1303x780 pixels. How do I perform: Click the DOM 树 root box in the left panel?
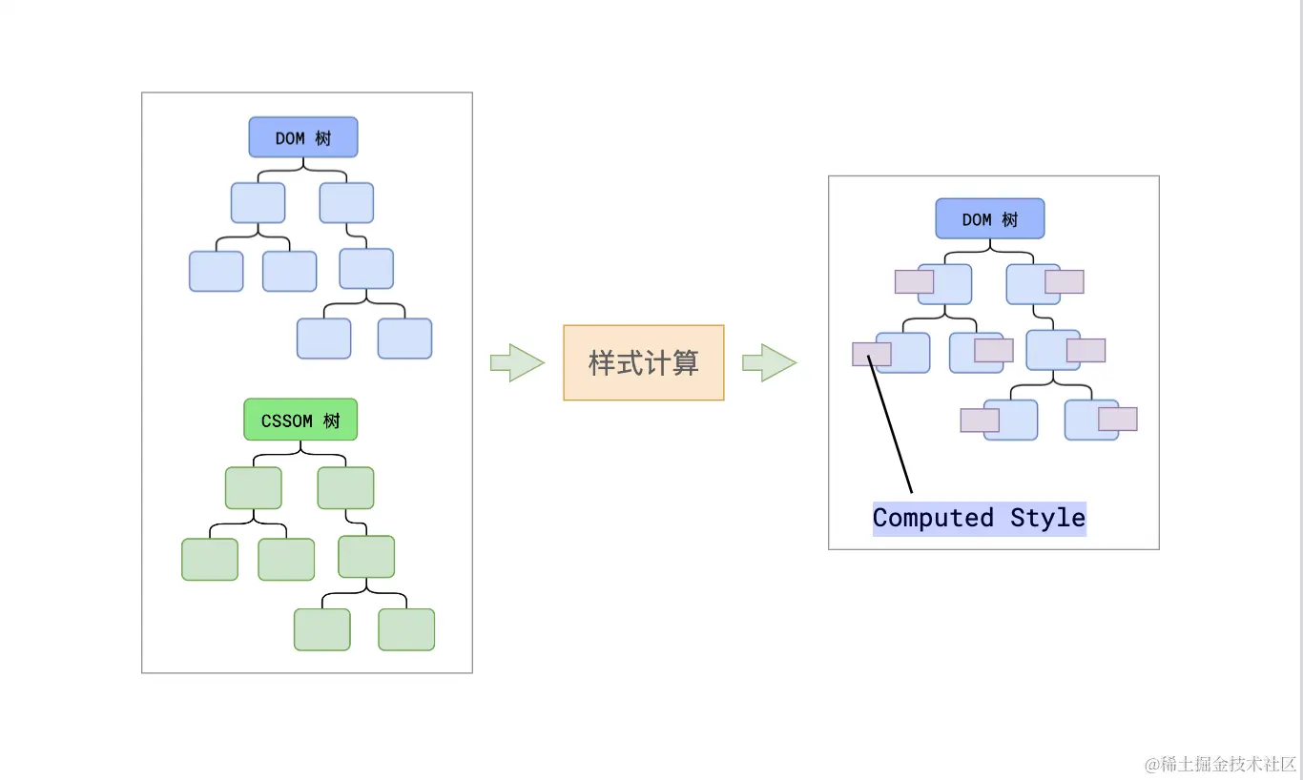pyautogui.click(x=303, y=137)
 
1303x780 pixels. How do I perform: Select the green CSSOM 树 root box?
pyautogui.click(x=300, y=420)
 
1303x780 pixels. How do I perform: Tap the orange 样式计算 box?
pyautogui.click(x=644, y=362)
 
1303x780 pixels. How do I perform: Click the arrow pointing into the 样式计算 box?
pyautogui.click(x=516, y=362)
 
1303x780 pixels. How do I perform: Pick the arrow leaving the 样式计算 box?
pyautogui.click(x=769, y=362)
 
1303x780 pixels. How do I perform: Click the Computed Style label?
pyautogui.click(x=979, y=519)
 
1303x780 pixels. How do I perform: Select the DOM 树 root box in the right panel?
pyautogui.click(x=989, y=218)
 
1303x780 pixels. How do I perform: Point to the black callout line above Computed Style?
pyautogui.click(x=891, y=425)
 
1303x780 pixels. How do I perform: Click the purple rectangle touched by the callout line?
pyautogui.click(x=871, y=354)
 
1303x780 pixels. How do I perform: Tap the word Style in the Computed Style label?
pyautogui.click(x=1047, y=519)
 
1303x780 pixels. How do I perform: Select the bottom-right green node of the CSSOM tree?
pyautogui.click(x=406, y=629)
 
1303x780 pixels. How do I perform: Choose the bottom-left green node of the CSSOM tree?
pyautogui.click(x=322, y=629)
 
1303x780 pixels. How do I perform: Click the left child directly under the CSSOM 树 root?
pyautogui.click(x=254, y=488)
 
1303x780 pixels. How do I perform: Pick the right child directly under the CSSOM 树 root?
pyautogui.click(x=345, y=488)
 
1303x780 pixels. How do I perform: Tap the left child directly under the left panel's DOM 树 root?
pyautogui.click(x=258, y=203)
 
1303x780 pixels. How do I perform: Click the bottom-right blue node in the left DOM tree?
pyautogui.click(x=404, y=339)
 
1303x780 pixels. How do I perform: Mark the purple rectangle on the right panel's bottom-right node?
pyautogui.click(x=1117, y=419)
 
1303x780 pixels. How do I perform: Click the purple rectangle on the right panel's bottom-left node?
pyautogui.click(x=980, y=420)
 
